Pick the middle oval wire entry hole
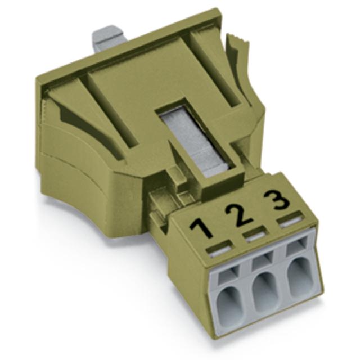(x=265, y=291)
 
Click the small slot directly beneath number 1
(x=219, y=249)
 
